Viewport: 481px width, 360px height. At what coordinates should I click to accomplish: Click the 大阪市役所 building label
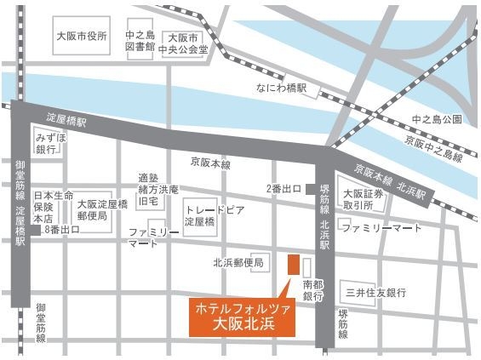click(82, 37)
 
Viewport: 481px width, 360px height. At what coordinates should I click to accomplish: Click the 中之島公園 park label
click(436, 118)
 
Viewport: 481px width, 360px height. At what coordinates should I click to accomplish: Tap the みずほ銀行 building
click(46, 142)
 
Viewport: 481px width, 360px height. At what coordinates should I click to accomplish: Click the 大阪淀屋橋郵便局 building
click(102, 209)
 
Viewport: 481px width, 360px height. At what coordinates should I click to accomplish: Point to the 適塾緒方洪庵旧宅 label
click(159, 191)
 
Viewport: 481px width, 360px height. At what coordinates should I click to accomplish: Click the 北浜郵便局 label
click(242, 262)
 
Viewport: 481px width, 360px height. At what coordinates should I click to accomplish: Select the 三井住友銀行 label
click(375, 294)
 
